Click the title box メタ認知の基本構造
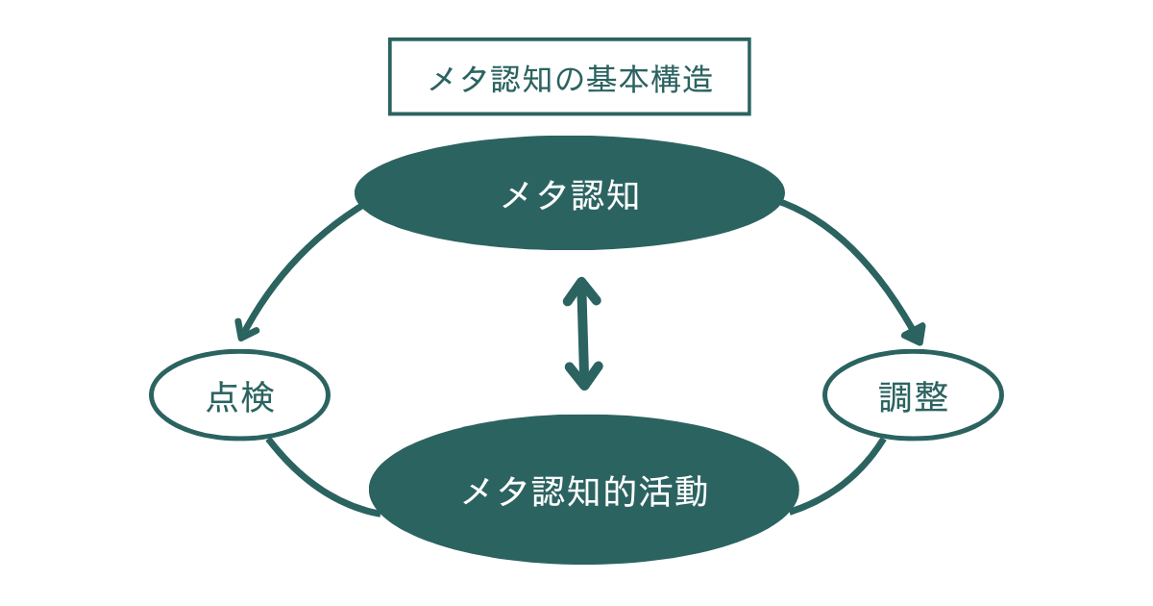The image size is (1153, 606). [x=569, y=77]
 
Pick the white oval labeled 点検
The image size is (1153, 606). [x=239, y=394]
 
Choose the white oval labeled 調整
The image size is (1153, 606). [x=913, y=394]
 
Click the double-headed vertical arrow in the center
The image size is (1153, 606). [x=581, y=332]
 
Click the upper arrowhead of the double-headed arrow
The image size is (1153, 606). [x=579, y=288]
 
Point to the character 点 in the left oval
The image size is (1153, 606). [x=222, y=397]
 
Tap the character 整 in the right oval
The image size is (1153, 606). [x=931, y=397]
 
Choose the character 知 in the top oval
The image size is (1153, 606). [x=623, y=195]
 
